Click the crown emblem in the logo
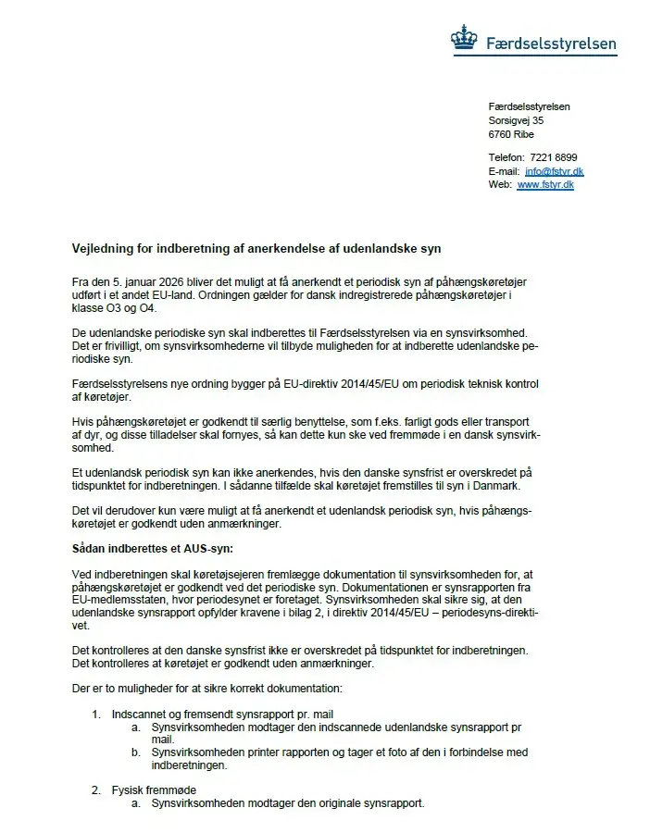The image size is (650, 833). [464, 39]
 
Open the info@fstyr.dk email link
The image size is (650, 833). [554, 171]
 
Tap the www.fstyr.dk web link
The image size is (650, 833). [545, 184]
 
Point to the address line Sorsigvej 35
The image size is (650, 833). [516, 120]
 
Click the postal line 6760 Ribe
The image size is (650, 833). [511, 134]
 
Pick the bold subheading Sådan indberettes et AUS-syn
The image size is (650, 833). [153, 549]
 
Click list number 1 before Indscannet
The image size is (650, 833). [95, 715]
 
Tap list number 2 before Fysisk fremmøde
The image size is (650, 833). [95, 789]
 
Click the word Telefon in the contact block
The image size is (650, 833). [506, 157]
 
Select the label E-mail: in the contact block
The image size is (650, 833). [504, 171]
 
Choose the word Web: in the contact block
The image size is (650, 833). [500, 184]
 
